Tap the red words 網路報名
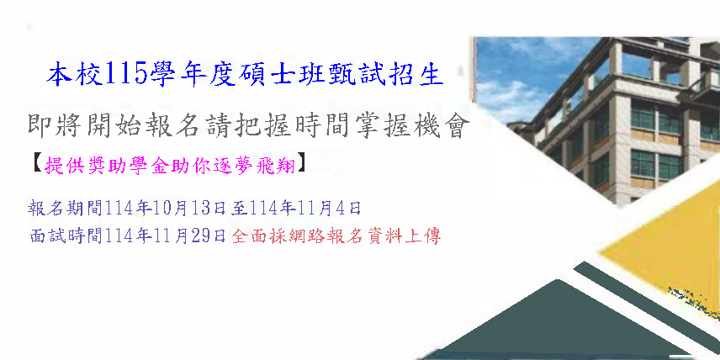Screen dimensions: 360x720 pos(323,236)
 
